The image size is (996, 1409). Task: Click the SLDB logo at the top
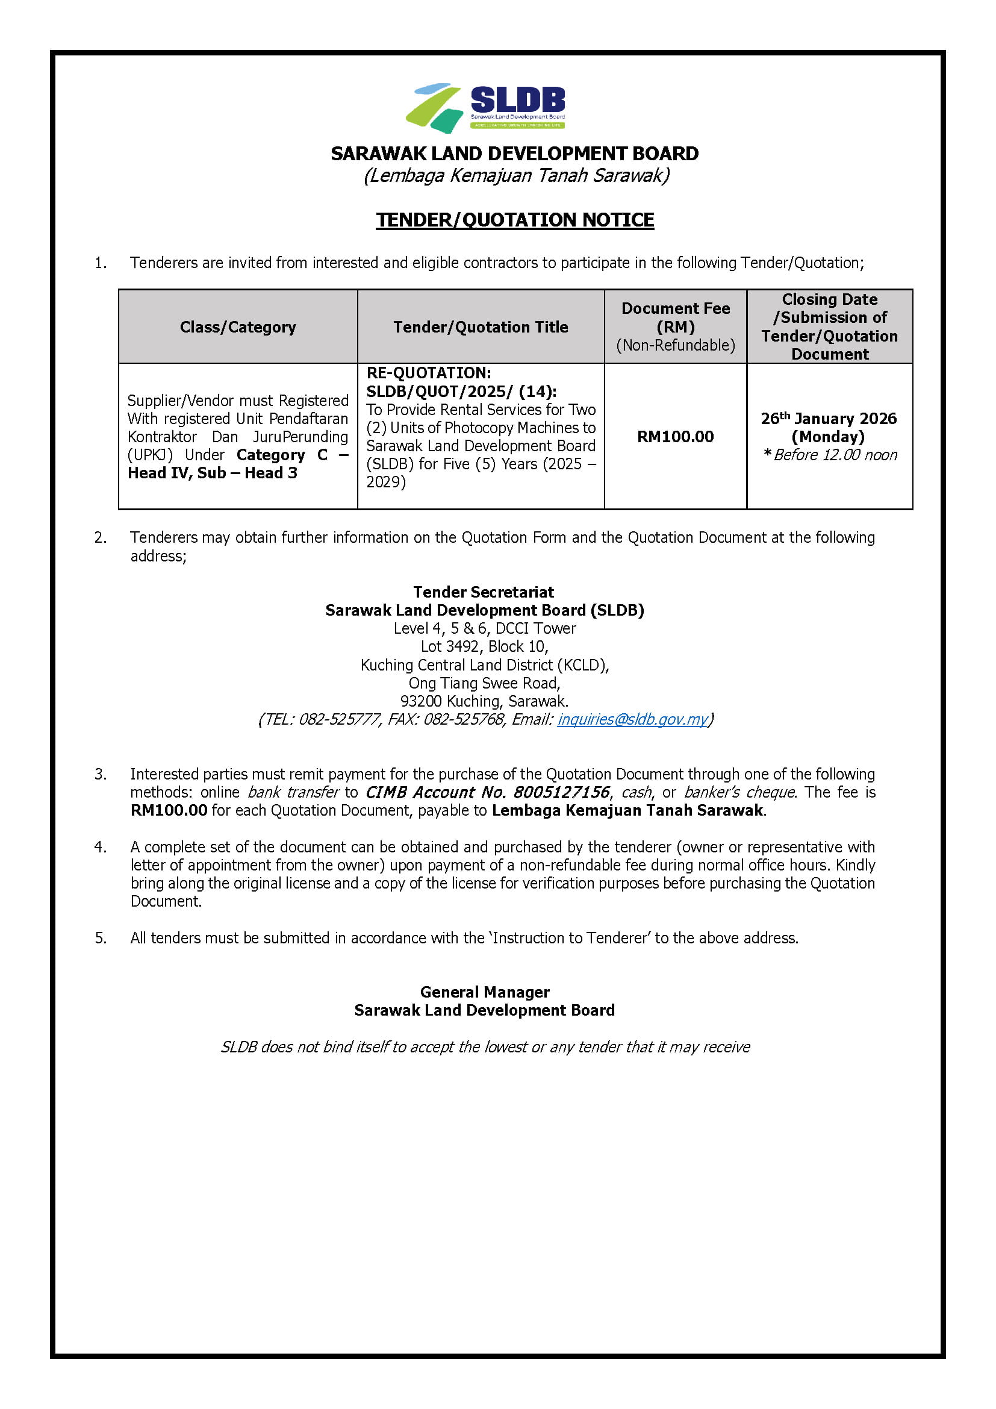coord(485,108)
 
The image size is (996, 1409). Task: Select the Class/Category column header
coord(238,327)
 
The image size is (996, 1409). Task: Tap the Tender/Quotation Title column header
coord(480,327)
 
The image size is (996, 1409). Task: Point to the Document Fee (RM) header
coord(675,317)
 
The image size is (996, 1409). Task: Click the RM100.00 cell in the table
coord(675,437)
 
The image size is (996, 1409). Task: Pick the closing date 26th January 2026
coord(829,419)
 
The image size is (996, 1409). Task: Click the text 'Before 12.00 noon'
coord(835,455)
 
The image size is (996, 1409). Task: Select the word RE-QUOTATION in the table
coord(428,373)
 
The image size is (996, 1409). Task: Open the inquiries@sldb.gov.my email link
coord(632,719)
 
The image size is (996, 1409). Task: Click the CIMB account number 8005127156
coord(561,792)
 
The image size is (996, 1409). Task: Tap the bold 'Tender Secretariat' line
coord(484,592)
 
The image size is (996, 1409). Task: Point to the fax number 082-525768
coord(464,719)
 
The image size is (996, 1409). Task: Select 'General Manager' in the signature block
coord(485,992)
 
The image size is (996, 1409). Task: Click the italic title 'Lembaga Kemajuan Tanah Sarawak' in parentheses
coord(517,175)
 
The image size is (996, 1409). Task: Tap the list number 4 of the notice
coord(100,847)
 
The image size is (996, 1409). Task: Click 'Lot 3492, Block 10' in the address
coord(485,646)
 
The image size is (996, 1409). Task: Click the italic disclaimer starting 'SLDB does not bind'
coord(485,1047)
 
